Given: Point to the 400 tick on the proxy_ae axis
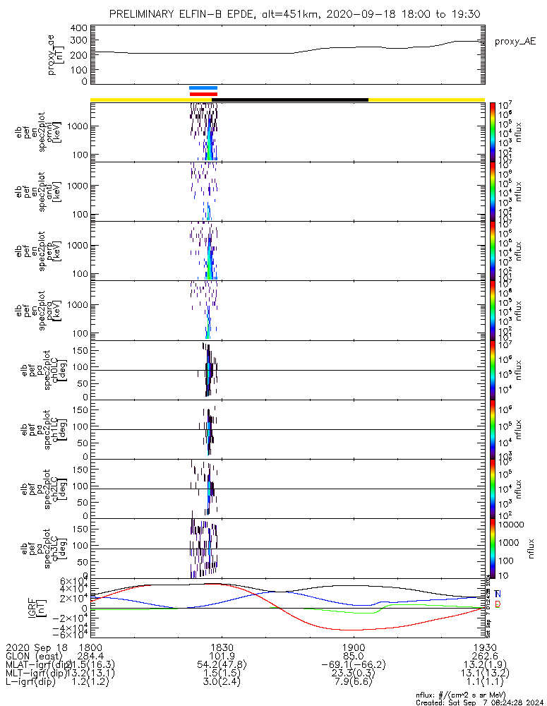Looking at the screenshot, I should click(x=79, y=28).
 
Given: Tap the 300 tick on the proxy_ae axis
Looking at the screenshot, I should click(x=79, y=41).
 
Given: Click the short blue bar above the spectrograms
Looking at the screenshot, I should click(x=203, y=88).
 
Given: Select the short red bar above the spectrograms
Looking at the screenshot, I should click(x=203, y=93).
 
